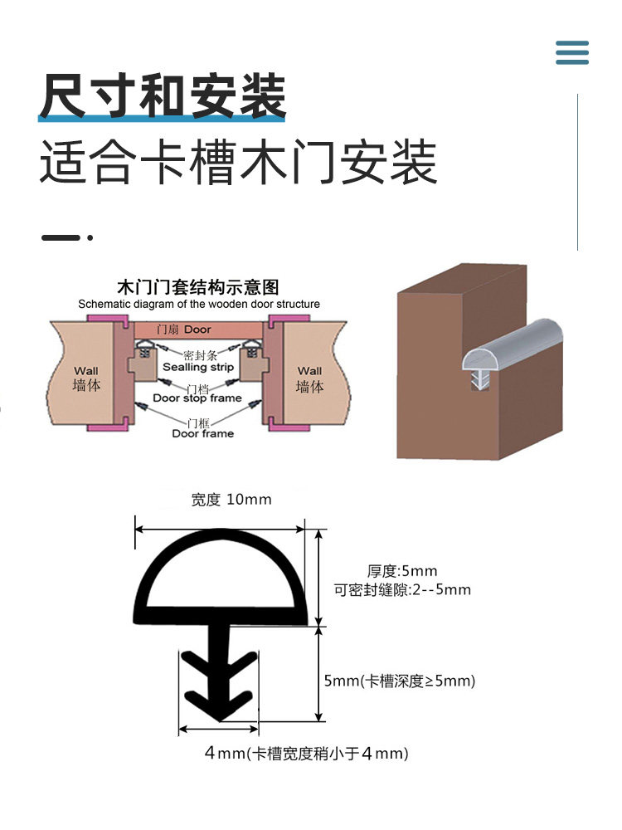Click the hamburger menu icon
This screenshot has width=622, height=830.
tap(572, 51)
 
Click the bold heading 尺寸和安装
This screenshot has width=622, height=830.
tap(163, 96)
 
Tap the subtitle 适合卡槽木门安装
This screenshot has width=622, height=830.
tap(238, 162)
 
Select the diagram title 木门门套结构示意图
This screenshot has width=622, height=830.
tap(199, 288)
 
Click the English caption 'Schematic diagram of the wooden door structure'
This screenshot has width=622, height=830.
tap(199, 304)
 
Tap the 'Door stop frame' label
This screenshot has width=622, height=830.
tap(197, 398)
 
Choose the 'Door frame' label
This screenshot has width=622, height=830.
tap(202, 433)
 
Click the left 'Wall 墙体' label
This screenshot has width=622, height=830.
tap(86, 378)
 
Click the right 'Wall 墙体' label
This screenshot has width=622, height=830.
tap(309, 378)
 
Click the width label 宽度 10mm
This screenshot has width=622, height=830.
tap(231, 500)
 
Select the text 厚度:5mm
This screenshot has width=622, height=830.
tap(401, 571)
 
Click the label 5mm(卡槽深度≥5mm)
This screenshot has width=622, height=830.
tap(399, 681)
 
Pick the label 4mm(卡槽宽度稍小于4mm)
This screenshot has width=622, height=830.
tap(307, 754)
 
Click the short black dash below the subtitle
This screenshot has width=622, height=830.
tap(61, 238)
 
